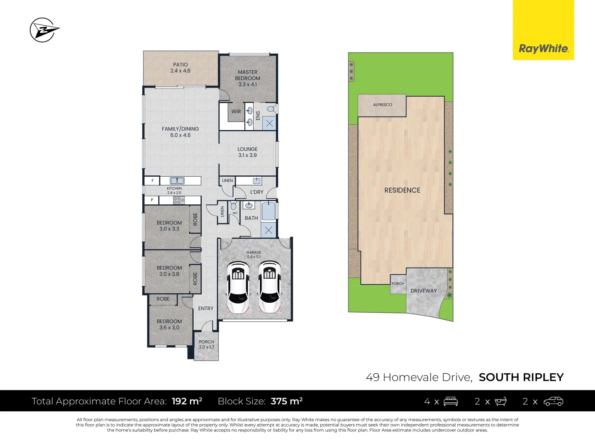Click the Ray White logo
[x=543, y=48]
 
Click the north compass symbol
[x=43, y=30]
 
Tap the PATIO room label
[x=180, y=65]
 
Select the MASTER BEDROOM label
[x=248, y=75]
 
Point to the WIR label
[x=236, y=111]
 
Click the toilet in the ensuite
[x=271, y=109]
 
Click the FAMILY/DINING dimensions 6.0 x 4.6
[x=180, y=135]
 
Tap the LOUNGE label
[x=248, y=149]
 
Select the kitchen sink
[x=177, y=180]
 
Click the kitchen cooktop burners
[x=179, y=200]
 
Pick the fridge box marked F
[x=152, y=180]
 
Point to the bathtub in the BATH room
[x=269, y=211]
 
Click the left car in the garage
[x=238, y=287]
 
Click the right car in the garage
[x=269, y=287]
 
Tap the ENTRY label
[x=206, y=308]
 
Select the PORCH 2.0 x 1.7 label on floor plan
[x=206, y=344]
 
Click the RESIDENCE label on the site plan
[x=402, y=190]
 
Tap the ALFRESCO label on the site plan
[x=382, y=105]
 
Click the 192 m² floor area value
[x=187, y=401]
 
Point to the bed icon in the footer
[x=450, y=401]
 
